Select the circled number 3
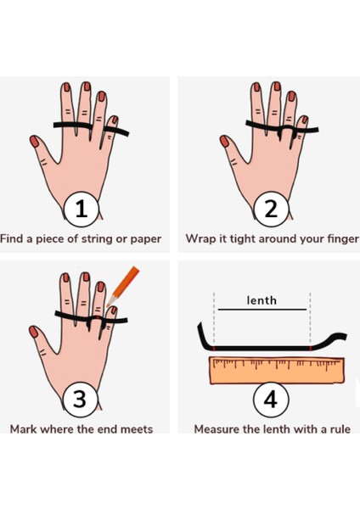pos(80,399)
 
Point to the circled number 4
pos(271,399)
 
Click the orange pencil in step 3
pos(122,286)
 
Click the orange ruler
pos(277,371)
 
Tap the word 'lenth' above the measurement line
pos(262,300)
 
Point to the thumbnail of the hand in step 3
pos(79,340)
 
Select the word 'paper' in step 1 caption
pos(146,240)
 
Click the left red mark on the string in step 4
pos(214,349)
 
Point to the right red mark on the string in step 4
pos(311,349)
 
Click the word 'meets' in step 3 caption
pos(137,429)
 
